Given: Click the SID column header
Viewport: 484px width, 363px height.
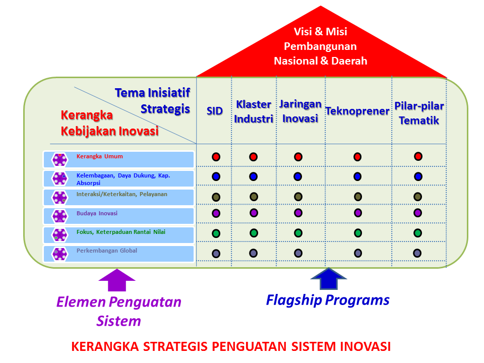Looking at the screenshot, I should (214, 111).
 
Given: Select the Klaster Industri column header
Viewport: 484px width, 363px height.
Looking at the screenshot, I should (254, 111).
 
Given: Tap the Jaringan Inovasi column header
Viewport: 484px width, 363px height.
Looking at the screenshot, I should (300, 111).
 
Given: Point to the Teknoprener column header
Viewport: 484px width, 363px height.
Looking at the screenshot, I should (357, 111).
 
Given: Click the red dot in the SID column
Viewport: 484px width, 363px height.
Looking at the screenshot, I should (216, 157).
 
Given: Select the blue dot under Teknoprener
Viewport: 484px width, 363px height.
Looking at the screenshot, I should (357, 176).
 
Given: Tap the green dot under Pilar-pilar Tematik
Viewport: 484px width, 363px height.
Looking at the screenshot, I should (417, 233).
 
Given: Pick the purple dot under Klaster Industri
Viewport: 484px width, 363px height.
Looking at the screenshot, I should (254, 213).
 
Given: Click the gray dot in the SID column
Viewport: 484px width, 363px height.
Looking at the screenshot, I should (216, 253).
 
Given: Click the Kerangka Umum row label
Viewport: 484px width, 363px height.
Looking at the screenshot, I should (99, 156).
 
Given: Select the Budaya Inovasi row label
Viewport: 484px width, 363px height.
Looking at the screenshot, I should (97, 213).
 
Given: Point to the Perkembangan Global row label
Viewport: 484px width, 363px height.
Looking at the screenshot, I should (106, 251).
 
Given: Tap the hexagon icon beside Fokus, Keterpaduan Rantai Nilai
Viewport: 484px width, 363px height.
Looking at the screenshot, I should (60, 235).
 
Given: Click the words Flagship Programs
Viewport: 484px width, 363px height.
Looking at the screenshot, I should (328, 300).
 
